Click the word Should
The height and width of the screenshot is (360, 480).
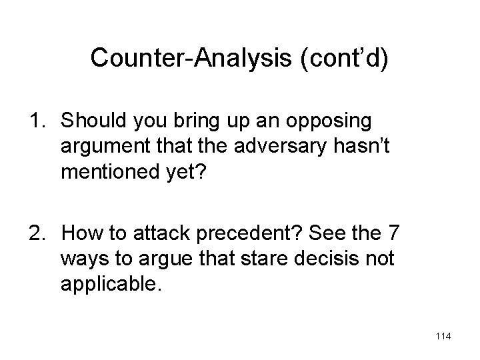pos(91,121)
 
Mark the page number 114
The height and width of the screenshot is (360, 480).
pos(442,337)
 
